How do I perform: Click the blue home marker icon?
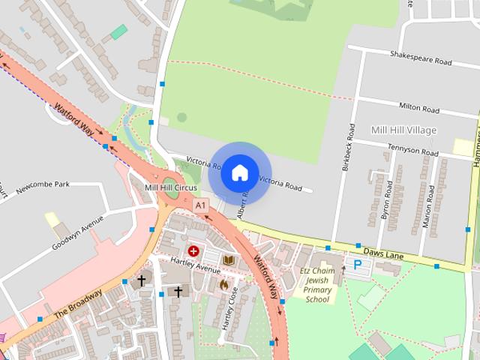point(239,172)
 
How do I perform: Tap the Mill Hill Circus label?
point(170,187)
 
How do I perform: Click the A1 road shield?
point(199,205)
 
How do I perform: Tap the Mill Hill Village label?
point(403,130)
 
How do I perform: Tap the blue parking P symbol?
point(358,265)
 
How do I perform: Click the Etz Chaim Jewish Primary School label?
point(318,285)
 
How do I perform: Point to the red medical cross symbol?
point(193,251)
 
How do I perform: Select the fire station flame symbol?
point(223,284)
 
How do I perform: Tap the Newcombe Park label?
point(42,184)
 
